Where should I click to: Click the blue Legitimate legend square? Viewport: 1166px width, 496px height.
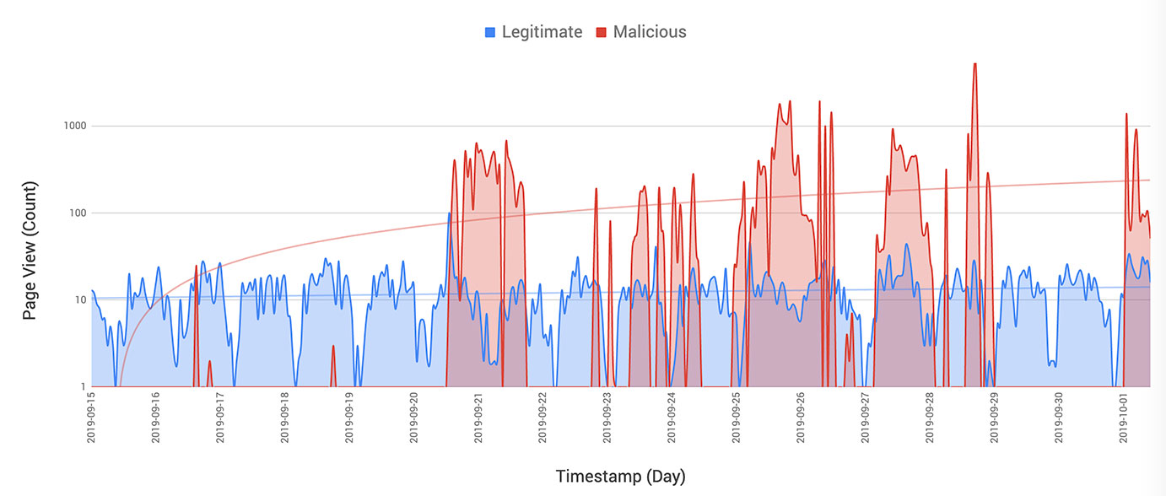pyautogui.click(x=489, y=33)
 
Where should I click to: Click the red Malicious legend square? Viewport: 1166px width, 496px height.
pyautogui.click(x=602, y=33)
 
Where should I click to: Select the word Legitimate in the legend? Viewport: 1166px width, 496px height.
pyautogui.click(x=542, y=32)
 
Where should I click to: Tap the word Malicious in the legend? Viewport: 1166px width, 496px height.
pyautogui.click(x=650, y=32)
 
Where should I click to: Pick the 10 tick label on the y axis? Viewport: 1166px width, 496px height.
pyautogui.click(x=79, y=300)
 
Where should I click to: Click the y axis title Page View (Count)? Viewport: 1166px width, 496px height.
pyautogui.click(x=30, y=251)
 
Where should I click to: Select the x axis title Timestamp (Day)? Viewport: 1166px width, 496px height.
pyautogui.click(x=620, y=477)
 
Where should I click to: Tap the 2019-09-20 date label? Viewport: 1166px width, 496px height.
pyautogui.click(x=413, y=417)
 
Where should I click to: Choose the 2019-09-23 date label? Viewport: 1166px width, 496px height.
pyautogui.click(x=607, y=417)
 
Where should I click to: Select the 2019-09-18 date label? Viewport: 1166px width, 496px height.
pyautogui.click(x=284, y=417)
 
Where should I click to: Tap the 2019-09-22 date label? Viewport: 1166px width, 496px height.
pyautogui.click(x=543, y=417)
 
